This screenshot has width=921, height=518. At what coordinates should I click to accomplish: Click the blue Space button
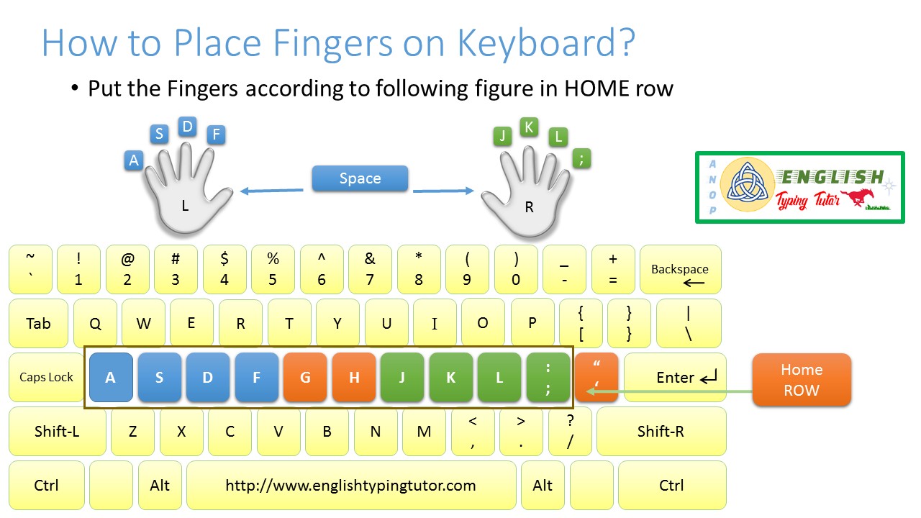coord(360,178)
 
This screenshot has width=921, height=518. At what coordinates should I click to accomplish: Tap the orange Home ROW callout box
coord(802,379)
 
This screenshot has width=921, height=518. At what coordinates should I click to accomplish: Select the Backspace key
coord(680,270)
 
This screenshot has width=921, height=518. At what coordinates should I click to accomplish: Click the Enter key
coord(675,377)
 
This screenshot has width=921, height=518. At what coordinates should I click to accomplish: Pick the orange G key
coord(305,377)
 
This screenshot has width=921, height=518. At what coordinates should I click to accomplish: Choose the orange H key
coord(354,377)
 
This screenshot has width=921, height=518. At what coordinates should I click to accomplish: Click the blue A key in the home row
coord(110,377)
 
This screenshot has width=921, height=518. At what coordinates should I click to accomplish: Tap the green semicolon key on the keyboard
coord(548,377)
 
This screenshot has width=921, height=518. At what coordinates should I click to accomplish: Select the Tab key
coord(38,323)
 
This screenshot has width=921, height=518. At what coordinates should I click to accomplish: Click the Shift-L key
coord(57,432)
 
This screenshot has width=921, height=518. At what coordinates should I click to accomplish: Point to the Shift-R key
coord(661,432)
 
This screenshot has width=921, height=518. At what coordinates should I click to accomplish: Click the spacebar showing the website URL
coord(350,486)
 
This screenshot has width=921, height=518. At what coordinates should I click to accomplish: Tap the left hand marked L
coord(186,194)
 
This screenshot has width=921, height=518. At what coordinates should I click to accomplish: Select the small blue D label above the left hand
coord(188,127)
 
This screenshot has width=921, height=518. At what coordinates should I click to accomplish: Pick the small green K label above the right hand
coord(529,127)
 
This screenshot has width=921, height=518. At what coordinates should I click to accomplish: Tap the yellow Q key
coord(95,323)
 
